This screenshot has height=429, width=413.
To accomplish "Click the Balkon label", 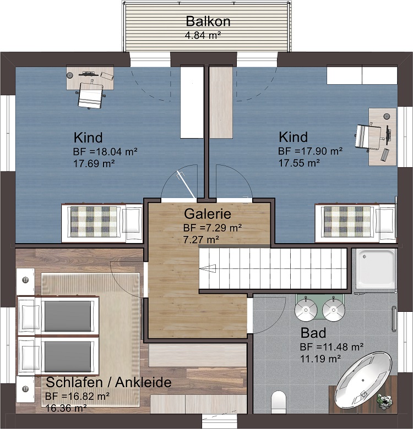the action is point(208,21).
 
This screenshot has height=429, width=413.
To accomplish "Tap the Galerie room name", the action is point(208,214).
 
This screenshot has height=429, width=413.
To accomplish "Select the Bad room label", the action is point(313,333).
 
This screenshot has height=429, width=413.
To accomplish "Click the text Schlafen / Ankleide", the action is point(108,382).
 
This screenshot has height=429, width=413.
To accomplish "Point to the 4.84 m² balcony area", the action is point(203,35).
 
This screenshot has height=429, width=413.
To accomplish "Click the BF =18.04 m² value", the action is point(105,152).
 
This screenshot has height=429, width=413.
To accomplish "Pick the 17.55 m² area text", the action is point(300,163).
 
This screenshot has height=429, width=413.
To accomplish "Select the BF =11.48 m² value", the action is point(332,347).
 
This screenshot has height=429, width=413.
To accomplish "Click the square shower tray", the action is point(376,268).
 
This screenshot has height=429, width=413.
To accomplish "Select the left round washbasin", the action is point(306,310).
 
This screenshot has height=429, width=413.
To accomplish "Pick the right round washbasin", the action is point(334,310).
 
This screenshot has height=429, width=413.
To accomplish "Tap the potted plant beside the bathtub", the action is point(384,400).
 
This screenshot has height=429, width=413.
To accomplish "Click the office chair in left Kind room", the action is point(90,95).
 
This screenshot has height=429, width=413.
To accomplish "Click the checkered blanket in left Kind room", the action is point(94,221).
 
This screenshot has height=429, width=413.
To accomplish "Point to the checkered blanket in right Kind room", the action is point(347,222).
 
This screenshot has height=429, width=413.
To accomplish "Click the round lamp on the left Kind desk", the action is point(70,75).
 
